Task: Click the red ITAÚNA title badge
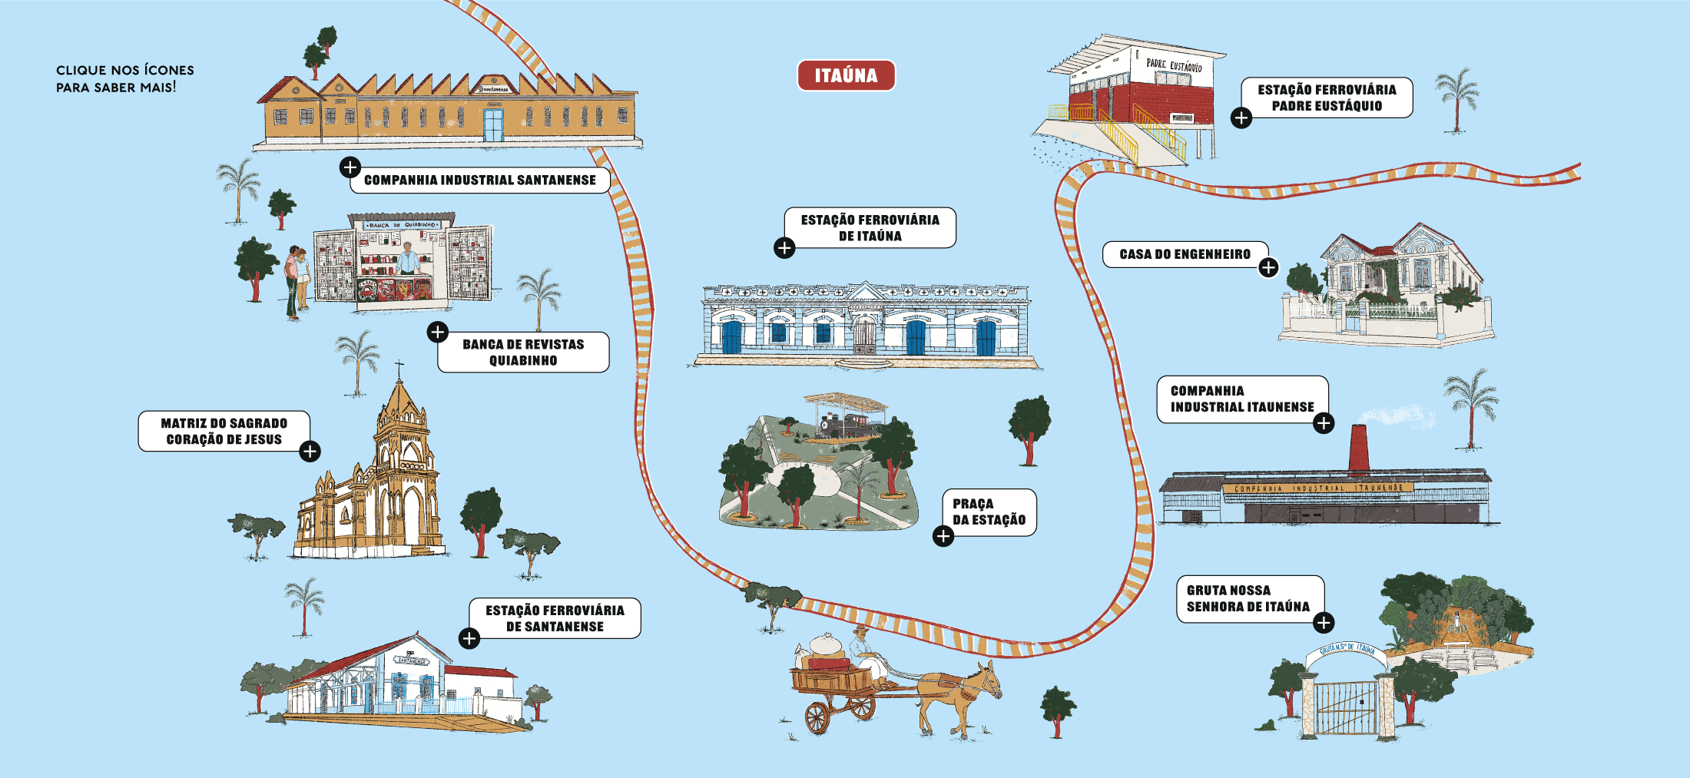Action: pos(846,75)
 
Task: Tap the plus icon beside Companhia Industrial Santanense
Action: pos(350,167)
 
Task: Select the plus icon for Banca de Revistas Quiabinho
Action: pos(438,332)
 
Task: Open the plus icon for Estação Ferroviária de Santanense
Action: pos(469,638)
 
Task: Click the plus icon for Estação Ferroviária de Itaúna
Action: pos(784,248)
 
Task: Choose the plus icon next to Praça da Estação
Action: pos(943,536)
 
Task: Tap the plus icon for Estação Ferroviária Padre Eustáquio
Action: pos(1241,118)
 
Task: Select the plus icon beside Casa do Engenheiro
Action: pos(1268,267)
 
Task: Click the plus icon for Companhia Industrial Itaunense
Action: pos(1324,423)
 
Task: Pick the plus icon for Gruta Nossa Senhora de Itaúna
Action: pos(1324,623)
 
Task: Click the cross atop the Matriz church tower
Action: pos(399,366)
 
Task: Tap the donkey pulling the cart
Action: pos(960,691)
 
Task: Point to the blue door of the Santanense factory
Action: pos(493,125)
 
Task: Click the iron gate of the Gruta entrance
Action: pos(1346,707)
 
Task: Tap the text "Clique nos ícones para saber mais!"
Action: pos(124,78)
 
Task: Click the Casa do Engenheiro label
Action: pos(1185,254)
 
